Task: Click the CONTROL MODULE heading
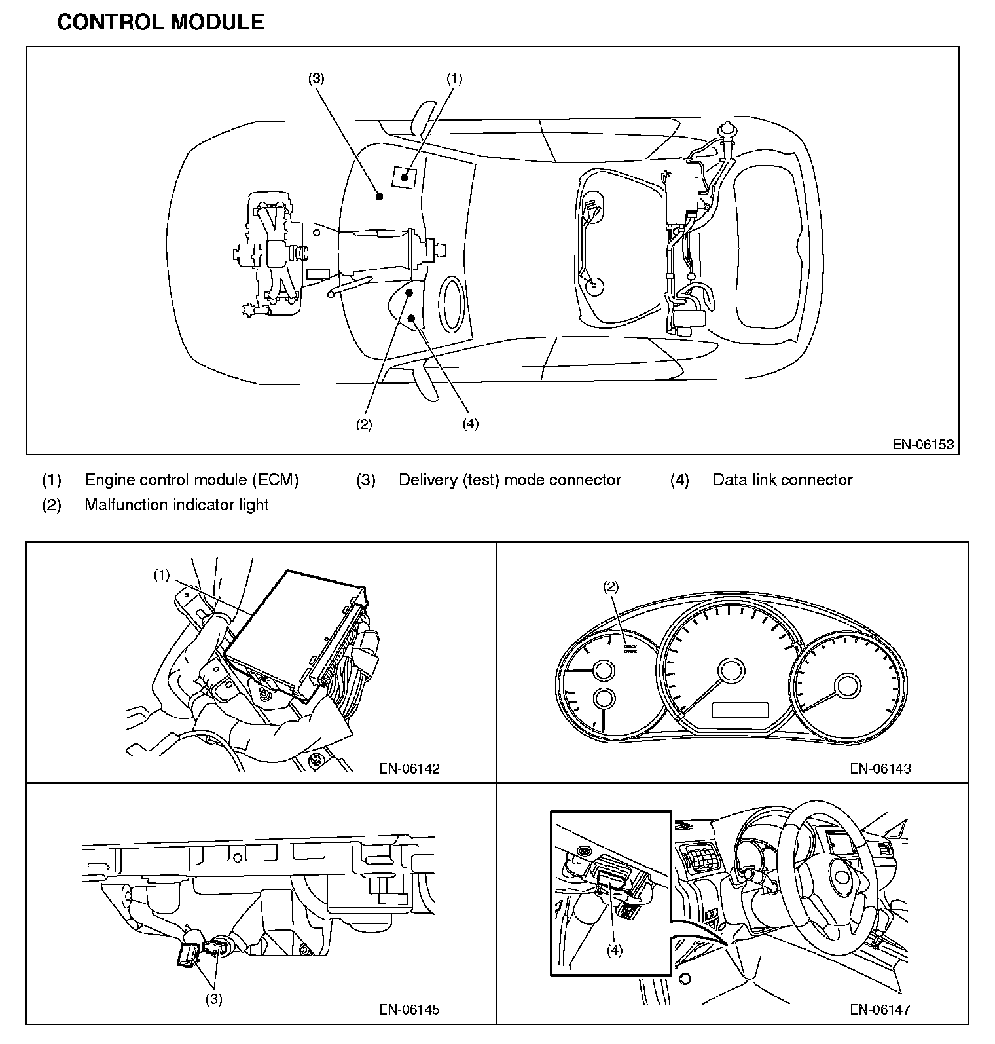pyautogui.click(x=160, y=22)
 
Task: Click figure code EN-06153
pyautogui.click(x=924, y=445)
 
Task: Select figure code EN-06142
pyautogui.click(x=409, y=768)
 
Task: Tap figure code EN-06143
pyautogui.click(x=880, y=768)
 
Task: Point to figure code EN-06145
pyautogui.click(x=409, y=1009)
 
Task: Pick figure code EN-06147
pyautogui.click(x=880, y=1009)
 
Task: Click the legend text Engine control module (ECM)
pyautogui.click(x=192, y=480)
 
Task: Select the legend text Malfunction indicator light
pyautogui.click(x=177, y=505)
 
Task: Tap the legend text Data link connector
pyautogui.click(x=782, y=480)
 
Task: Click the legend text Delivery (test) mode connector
pyautogui.click(x=509, y=480)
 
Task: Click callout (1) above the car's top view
pyautogui.click(x=454, y=79)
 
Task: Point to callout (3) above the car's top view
pyautogui.click(x=316, y=79)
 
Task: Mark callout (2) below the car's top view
pyautogui.click(x=364, y=424)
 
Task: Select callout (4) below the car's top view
pyautogui.click(x=470, y=424)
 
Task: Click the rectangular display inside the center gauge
pyautogui.click(x=740, y=710)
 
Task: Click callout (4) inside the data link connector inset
pyautogui.click(x=614, y=950)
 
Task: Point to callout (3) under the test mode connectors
pyautogui.click(x=214, y=999)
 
